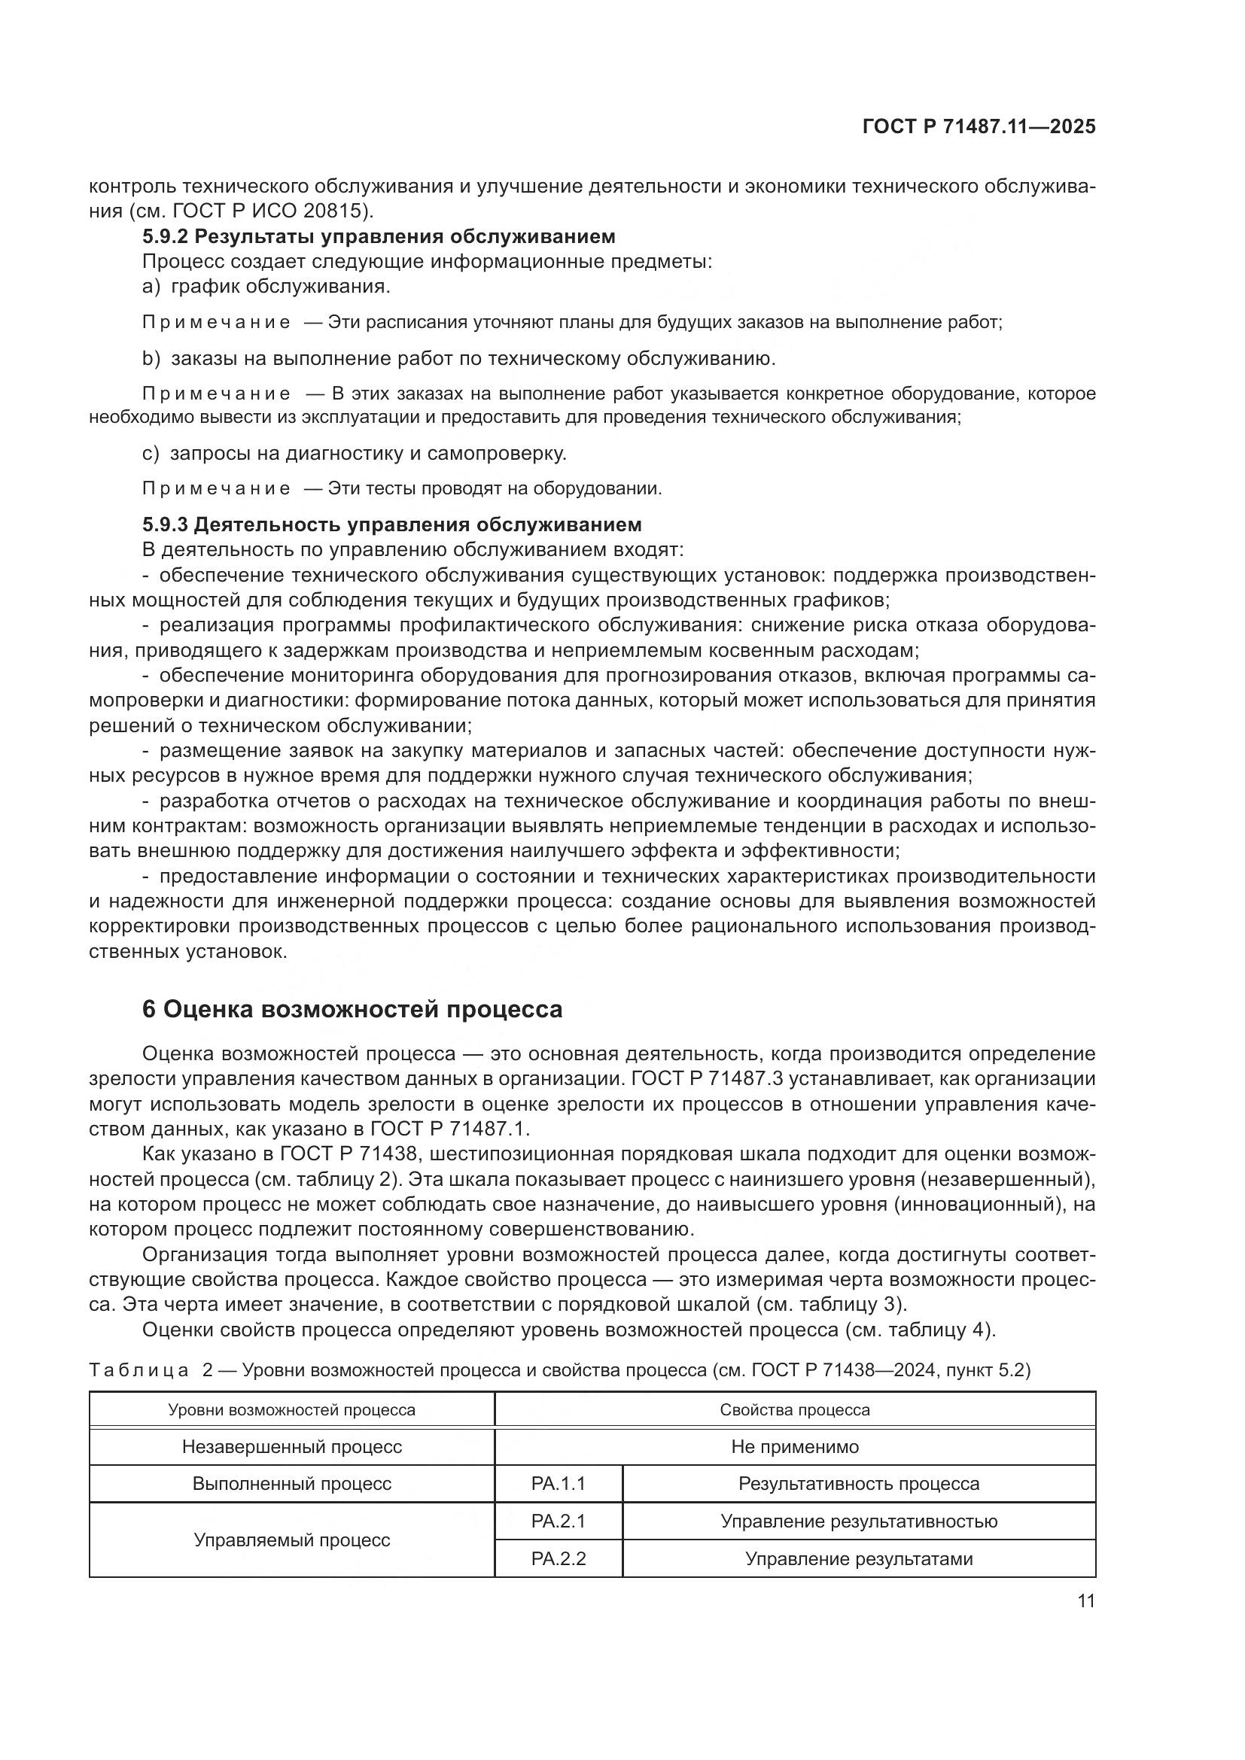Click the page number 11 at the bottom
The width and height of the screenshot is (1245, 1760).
(x=1085, y=1601)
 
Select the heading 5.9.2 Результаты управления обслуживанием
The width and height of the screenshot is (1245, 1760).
(x=379, y=236)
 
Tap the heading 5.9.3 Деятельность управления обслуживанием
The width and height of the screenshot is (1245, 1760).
(x=391, y=524)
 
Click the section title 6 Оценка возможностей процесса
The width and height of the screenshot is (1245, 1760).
(x=352, y=1010)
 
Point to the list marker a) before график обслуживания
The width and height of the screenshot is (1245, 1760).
(x=151, y=287)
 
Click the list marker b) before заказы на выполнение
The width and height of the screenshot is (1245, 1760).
(x=151, y=358)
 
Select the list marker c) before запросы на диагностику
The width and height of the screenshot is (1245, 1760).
(x=151, y=453)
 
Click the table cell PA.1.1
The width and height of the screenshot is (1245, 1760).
(x=558, y=1484)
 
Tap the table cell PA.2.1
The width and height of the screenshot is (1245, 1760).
(x=558, y=1521)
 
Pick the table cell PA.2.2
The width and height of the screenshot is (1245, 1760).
(x=558, y=1559)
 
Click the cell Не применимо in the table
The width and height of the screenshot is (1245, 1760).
(x=795, y=1447)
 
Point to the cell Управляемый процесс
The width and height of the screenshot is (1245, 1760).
(x=291, y=1540)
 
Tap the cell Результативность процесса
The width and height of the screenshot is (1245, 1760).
(x=859, y=1484)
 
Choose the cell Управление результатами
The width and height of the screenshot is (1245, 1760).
(x=859, y=1559)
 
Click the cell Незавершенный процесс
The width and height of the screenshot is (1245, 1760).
(x=291, y=1447)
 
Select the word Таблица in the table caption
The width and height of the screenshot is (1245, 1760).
(x=139, y=1370)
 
